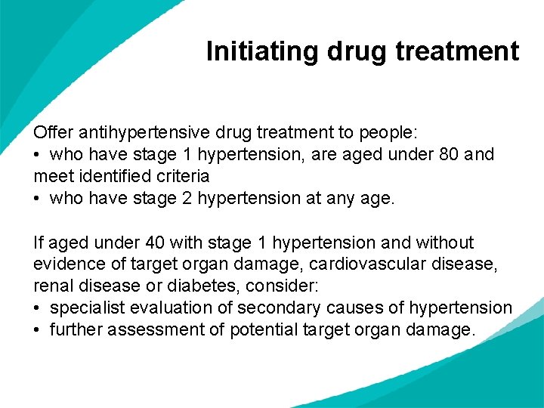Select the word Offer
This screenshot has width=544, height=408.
(x=53, y=132)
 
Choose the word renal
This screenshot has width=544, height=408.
(x=52, y=286)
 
